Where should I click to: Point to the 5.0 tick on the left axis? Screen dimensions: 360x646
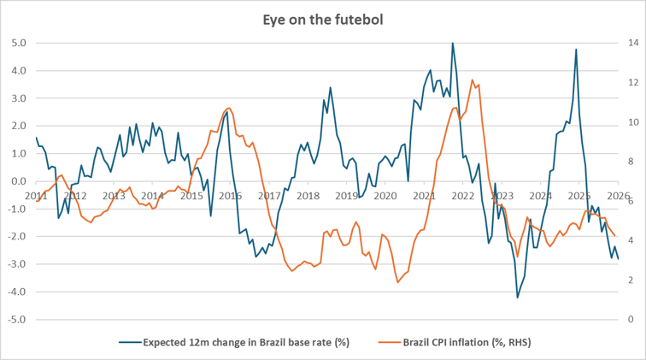coord(18,43)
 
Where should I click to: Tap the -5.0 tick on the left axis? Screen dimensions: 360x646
coord(16,320)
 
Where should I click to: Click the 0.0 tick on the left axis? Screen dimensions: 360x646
coord(18,181)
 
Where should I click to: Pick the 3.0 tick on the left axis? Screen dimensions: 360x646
coord(18,98)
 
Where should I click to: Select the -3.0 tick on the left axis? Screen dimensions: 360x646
coord(16,264)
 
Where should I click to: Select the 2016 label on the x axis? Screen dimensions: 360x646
coord(229,196)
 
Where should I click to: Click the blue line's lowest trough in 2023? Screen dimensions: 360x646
coord(517,298)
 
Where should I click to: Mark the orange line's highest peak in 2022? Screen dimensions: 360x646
coord(473,80)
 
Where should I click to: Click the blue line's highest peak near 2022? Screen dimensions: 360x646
coord(452,43)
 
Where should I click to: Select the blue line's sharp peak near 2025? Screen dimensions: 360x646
coord(576,50)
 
